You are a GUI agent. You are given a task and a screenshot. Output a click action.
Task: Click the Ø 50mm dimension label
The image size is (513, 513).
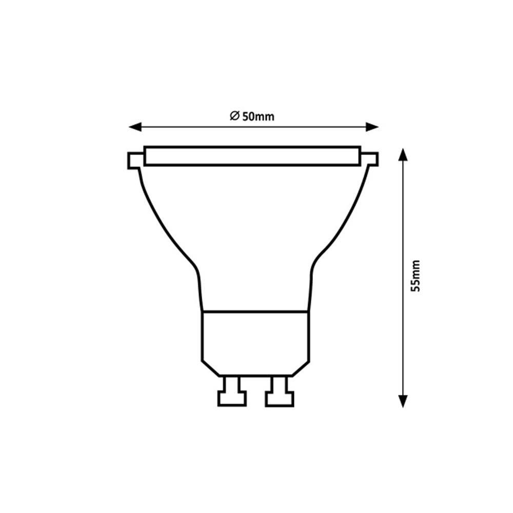point(252,116)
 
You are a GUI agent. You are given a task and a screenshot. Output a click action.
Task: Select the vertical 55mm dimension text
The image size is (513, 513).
point(416,276)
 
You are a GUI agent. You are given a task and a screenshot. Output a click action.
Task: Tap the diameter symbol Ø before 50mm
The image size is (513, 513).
point(233,116)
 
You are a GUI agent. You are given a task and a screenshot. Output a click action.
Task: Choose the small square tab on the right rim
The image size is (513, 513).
point(371,160)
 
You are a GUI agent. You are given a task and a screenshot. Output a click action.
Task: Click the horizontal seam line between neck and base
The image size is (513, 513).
point(255,311)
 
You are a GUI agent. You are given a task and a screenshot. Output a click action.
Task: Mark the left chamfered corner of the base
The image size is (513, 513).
point(209,368)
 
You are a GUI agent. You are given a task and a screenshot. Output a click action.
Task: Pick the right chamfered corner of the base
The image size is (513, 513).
point(302,368)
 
